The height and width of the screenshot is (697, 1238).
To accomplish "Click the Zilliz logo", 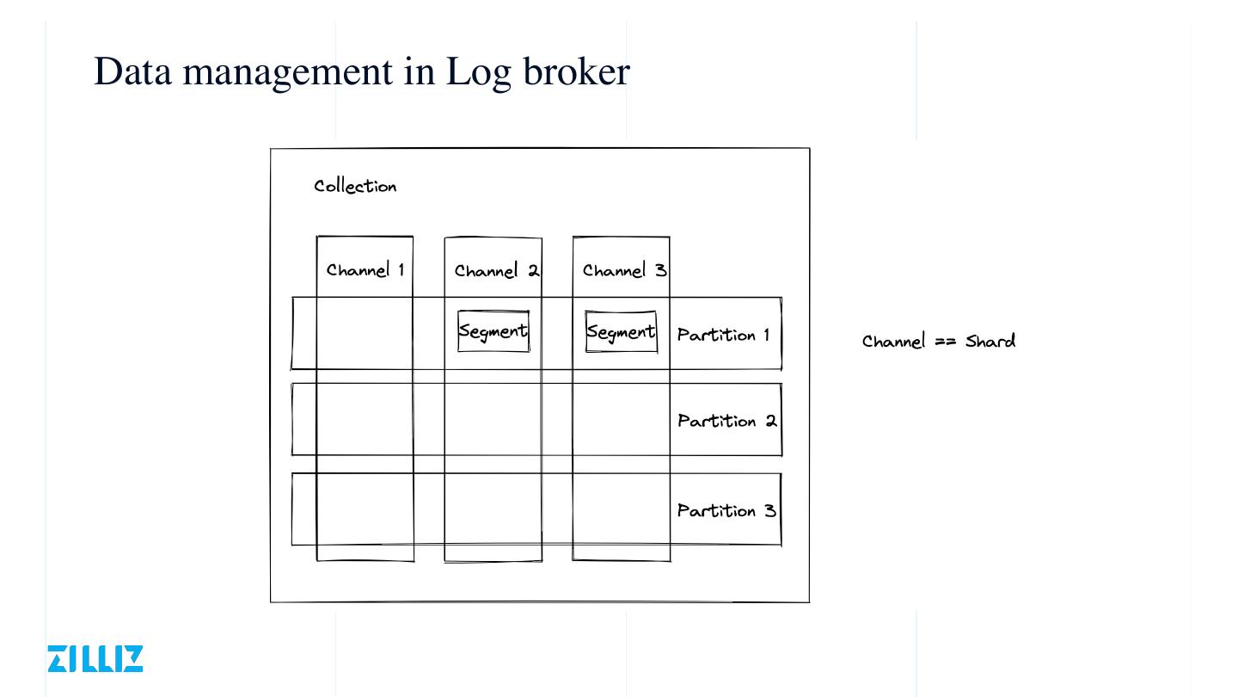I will (x=95, y=658).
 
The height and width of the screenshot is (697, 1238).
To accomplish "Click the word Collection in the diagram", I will (x=355, y=186).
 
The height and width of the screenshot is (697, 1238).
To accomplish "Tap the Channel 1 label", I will (x=365, y=270).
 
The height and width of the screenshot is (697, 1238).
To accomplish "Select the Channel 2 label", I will (x=496, y=271).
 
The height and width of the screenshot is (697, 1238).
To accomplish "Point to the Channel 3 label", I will (x=624, y=270).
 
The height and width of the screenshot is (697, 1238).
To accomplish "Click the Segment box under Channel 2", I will (x=493, y=331).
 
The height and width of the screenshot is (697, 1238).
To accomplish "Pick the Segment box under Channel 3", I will (x=621, y=331).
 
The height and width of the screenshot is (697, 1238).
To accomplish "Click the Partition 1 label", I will (x=723, y=335).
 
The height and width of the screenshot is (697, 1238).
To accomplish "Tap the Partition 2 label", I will (x=726, y=421).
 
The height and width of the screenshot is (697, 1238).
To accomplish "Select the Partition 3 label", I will (x=726, y=510).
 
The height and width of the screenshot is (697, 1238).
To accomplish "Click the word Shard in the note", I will (x=990, y=341).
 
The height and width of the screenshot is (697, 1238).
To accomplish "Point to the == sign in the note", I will (x=946, y=342).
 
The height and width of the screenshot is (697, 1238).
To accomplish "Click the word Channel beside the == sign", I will (x=894, y=341).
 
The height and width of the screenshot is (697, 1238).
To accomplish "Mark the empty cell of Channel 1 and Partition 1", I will (x=365, y=333).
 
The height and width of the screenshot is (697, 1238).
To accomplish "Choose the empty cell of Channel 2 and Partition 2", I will (x=493, y=419).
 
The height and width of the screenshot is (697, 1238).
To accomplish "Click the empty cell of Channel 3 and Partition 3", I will (x=621, y=509).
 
